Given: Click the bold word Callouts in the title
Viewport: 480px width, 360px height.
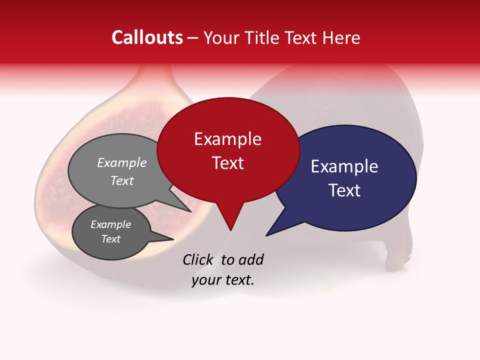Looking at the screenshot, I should [x=147, y=37].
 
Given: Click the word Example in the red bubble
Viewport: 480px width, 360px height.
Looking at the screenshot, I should [x=227, y=139].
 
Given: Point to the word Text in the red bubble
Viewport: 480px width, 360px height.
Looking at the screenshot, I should [x=228, y=163].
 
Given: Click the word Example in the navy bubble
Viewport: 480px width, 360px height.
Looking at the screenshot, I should [x=344, y=166].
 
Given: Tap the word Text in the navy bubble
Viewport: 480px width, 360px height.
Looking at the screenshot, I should [x=345, y=190].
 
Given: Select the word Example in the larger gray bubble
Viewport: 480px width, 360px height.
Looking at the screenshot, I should [x=122, y=162].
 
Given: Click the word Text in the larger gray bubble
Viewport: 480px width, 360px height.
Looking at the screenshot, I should [x=122, y=180].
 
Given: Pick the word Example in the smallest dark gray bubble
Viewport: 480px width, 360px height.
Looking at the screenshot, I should [x=110, y=224].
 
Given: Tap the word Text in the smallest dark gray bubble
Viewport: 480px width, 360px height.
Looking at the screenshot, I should [x=110, y=239].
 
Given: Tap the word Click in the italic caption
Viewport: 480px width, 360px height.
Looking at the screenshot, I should [x=199, y=259].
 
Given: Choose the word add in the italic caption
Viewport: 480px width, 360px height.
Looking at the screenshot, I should [x=250, y=259].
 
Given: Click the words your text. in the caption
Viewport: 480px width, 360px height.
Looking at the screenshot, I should [x=223, y=280].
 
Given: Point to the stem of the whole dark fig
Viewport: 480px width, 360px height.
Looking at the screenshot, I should [x=397, y=258].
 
